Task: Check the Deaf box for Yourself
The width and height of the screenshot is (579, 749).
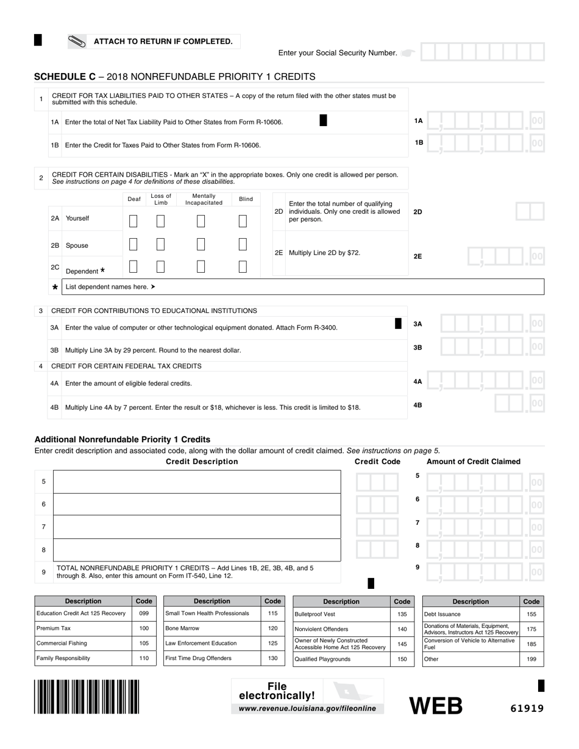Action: click(133, 221)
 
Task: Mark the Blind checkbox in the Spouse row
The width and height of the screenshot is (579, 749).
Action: click(243, 244)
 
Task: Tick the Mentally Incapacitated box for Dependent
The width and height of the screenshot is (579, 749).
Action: click(201, 267)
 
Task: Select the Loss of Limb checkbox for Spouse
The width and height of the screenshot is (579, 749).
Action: click(160, 244)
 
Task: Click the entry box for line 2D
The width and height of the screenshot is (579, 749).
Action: click(530, 212)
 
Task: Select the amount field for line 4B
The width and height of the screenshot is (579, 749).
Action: click(518, 404)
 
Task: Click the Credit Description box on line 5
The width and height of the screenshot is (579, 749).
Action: click(197, 482)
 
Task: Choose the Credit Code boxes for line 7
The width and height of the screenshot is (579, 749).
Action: click(377, 527)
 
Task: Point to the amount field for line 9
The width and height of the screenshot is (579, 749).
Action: click(484, 571)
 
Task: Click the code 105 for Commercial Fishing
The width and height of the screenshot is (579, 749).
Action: click(144, 643)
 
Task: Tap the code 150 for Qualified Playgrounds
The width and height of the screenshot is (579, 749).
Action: click(402, 659)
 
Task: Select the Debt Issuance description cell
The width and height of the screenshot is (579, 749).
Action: click(470, 614)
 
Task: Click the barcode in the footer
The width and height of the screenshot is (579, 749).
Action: click(87, 697)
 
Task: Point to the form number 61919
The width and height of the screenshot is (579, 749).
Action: click(527, 708)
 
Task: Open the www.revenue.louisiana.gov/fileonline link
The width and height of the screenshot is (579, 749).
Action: click(308, 708)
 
